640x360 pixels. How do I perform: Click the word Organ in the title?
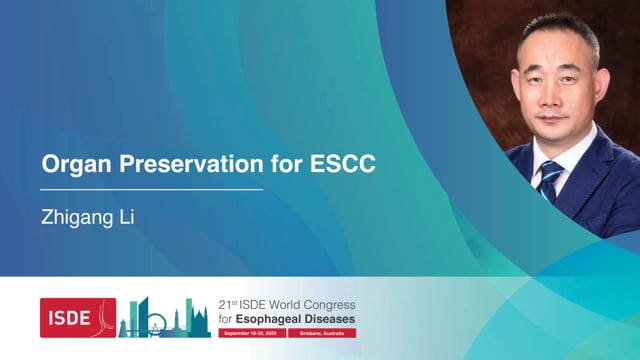71,164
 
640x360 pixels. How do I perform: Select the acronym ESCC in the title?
344,164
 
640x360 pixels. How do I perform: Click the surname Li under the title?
126,216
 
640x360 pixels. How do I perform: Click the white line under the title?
151,188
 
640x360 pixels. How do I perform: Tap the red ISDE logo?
77,317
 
